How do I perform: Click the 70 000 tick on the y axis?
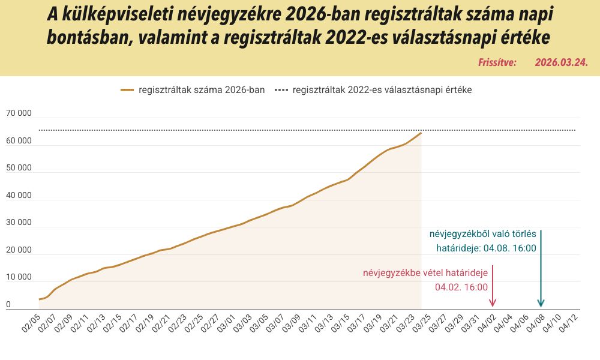(x=19, y=113)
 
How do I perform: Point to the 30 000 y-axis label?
(x=19, y=223)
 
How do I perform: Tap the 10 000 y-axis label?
(x=19, y=277)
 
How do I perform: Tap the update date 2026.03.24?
(x=561, y=62)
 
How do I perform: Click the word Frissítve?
(x=497, y=62)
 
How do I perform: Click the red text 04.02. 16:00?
(x=461, y=287)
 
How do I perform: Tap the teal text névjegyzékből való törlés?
(x=482, y=234)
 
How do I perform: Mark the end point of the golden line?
(x=421, y=133)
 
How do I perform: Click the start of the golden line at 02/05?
(x=40, y=299)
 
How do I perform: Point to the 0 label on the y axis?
(x=8, y=304)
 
